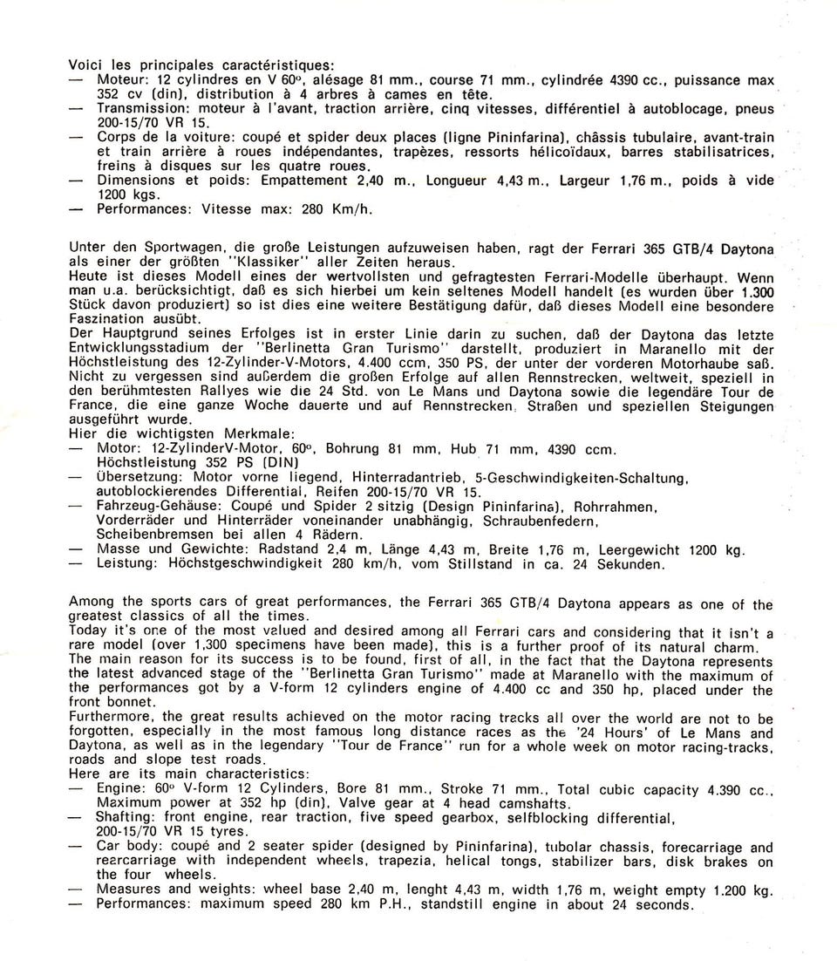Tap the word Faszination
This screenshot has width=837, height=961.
pos(106,320)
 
